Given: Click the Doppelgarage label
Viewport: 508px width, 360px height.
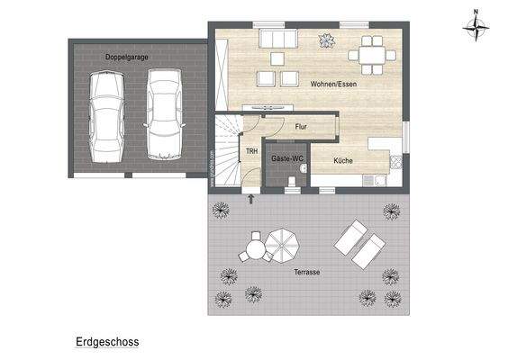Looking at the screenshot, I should click(126, 57).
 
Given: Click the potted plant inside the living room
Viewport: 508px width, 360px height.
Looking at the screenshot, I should click(326, 40).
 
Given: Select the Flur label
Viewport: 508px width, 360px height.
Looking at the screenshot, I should click(301, 127).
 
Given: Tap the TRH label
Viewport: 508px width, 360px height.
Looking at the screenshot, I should click(251, 151).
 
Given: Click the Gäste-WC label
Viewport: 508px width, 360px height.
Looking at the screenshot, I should click(287, 158).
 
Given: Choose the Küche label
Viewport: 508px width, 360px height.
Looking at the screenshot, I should click(342, 161).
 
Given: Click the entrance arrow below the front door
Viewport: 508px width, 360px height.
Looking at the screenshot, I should click(250, 199).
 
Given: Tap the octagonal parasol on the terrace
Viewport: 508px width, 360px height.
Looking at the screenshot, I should click(286, 243).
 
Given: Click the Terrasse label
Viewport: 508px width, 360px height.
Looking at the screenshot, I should click(308, 271).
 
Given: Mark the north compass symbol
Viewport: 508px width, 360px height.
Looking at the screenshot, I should click(474, 27).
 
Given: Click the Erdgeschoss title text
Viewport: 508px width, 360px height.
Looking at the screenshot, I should click(106, 343).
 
